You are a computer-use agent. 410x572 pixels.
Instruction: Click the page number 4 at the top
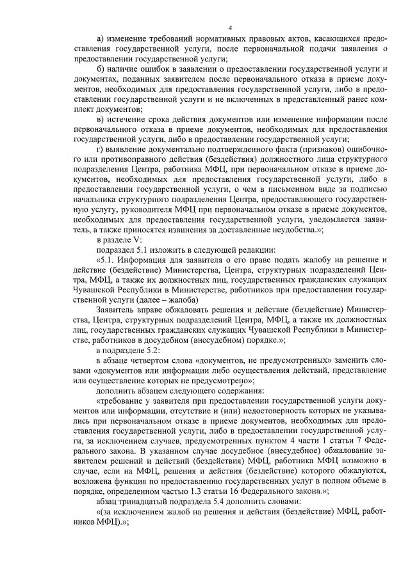[230, 27]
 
